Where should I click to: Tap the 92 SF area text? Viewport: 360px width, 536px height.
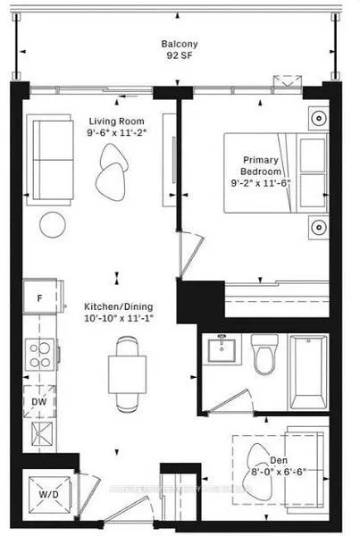tap(179, 56)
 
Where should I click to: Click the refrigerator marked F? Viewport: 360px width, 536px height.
tap(39, 298)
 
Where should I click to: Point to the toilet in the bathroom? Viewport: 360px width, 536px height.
tap(265, 356)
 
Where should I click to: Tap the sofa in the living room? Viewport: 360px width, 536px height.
tap(54, 158)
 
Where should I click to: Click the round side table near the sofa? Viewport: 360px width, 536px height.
tap(52, 222)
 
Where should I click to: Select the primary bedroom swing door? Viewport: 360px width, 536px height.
tap(187, 249)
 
